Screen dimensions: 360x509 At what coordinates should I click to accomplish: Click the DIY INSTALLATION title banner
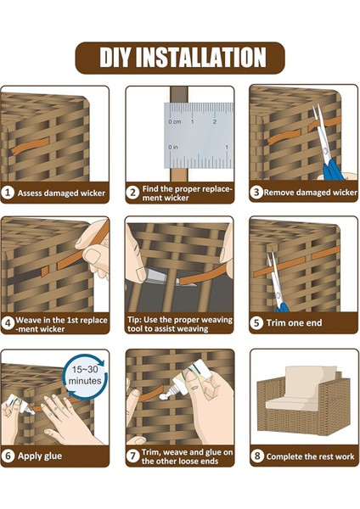pos(180,58)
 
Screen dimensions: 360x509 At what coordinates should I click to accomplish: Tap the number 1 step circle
pos(8,193)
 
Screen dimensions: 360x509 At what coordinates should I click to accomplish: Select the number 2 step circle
pos(132,193)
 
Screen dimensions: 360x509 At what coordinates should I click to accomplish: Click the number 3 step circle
pos(256,193)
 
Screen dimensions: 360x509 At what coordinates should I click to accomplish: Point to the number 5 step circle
pos(256,322)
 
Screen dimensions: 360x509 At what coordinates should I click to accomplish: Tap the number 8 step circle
pos(257,456)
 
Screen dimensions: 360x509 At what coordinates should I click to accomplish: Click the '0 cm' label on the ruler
pos(175,121)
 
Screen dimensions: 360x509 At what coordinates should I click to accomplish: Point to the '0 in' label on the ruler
pos(173,148)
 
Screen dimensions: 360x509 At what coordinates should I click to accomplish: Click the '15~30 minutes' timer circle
pos(86,375)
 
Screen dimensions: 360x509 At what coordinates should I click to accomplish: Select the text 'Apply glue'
pos(40,456)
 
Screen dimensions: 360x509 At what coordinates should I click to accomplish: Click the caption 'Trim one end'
pos(294,323)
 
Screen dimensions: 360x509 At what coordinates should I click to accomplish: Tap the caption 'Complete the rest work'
pos(310,456)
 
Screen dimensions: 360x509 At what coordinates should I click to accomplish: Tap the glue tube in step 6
pos(20,405)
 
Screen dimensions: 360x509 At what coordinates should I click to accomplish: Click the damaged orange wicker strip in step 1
pos(30,147)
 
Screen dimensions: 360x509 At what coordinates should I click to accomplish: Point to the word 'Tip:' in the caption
pos(134,320)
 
